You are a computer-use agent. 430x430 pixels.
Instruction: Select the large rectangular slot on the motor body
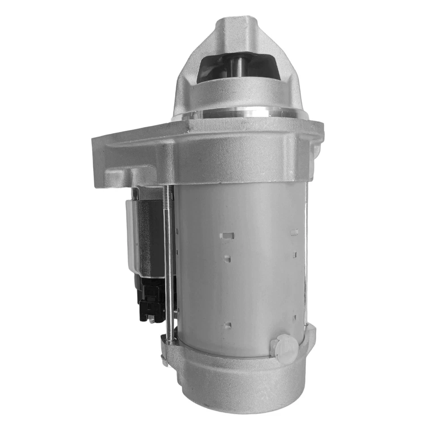click(x=228, y=235)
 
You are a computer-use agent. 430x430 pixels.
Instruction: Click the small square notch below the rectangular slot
click(x=227, y=258)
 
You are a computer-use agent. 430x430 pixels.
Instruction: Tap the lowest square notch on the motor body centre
click(x=227, y=324)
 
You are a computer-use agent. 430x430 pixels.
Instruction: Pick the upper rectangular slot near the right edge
click(x=294, y=232)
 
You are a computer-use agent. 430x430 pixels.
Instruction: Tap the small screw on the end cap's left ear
click(x=164, y=358)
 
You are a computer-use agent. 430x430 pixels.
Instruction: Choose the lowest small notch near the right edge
click(x=295, y=318)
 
